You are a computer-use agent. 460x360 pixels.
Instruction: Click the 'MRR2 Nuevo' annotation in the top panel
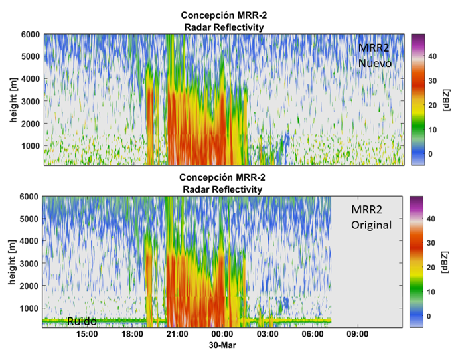(x=375, y=56)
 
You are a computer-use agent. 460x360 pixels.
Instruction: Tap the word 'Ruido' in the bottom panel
(x=82, y=321)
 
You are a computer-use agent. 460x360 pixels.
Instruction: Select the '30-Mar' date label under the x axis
(x=222, y=346)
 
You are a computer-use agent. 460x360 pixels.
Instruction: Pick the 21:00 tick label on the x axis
(x=178, y=335)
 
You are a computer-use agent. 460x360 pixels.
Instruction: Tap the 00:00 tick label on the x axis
(x=222, y=335)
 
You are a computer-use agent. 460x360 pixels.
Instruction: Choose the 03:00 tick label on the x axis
(x=268, y=335)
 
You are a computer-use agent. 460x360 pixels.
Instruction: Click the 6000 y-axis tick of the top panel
(x=30, y=35)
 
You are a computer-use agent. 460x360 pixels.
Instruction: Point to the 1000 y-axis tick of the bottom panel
(x=30, y=308)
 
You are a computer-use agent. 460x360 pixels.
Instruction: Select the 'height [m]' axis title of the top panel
(x=11, y=99)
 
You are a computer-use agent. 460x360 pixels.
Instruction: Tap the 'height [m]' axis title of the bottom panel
(x=11, y=262)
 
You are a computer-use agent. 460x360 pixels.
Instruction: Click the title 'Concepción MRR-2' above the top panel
(x=223, y=15)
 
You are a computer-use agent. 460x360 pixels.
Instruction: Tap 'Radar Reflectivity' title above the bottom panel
(x=223, y=189)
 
